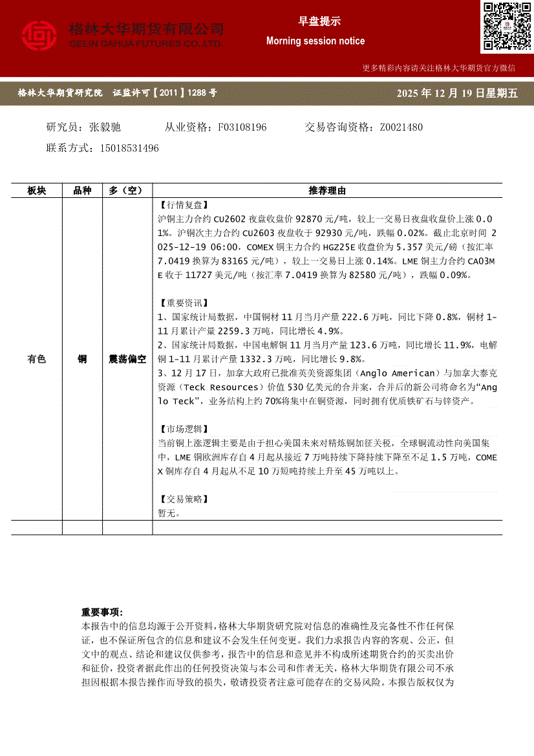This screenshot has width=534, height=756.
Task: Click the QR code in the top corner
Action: click(x=506, y=27)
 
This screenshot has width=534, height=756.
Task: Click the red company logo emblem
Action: click(x=39, y=36)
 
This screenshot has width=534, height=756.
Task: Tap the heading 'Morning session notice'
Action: click(x=315, y=41)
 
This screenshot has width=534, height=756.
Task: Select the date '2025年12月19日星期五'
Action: click(x=458, y=93)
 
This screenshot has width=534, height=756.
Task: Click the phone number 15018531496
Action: click(x=129, y=148)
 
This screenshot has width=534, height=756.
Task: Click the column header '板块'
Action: click(x=37, y=191)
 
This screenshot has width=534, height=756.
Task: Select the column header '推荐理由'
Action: click(x=327, y=191)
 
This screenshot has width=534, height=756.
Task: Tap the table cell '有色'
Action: click(x=37, y=359)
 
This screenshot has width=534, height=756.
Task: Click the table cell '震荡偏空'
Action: click(x=127, y=359)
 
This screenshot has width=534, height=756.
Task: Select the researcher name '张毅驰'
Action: click(x=105, y=127)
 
